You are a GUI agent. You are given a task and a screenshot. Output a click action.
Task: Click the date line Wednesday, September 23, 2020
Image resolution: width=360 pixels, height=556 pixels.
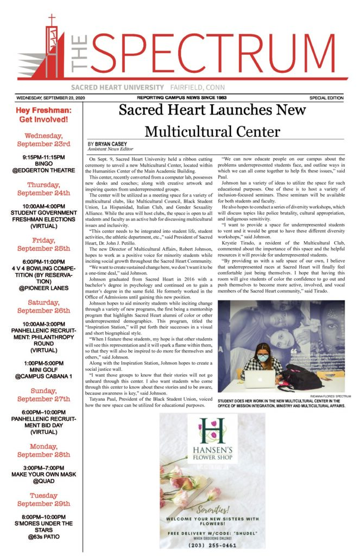click(x=54, y=98)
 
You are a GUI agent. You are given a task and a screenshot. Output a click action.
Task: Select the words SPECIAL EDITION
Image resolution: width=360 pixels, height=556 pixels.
click(x=326, y=98)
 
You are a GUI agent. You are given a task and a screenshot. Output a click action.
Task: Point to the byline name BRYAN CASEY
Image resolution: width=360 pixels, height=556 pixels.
click(x=111, y=144)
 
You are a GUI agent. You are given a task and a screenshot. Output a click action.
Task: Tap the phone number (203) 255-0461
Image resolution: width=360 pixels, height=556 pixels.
click(x=212, y=545)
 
